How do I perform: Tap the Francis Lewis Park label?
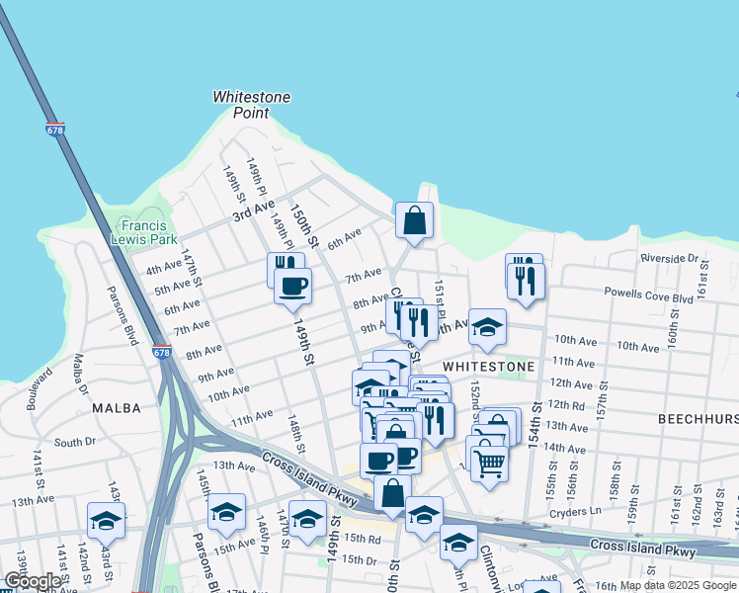click(x=143, y=232)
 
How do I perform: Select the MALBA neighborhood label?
click(x=117, y=407)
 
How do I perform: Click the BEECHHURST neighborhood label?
click(x=698, y=419)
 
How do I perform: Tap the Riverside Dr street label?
click(x=669, y=258)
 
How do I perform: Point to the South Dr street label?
click(x=74, y=443)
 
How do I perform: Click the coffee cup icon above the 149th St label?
click(x=292, y=287)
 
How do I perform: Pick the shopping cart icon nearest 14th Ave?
click(x=489, y=461)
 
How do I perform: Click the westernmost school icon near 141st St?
click(x=106, y=520)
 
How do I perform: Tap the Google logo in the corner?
click(x=33, y=581)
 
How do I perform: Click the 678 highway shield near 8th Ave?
click(x=160, y=352)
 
